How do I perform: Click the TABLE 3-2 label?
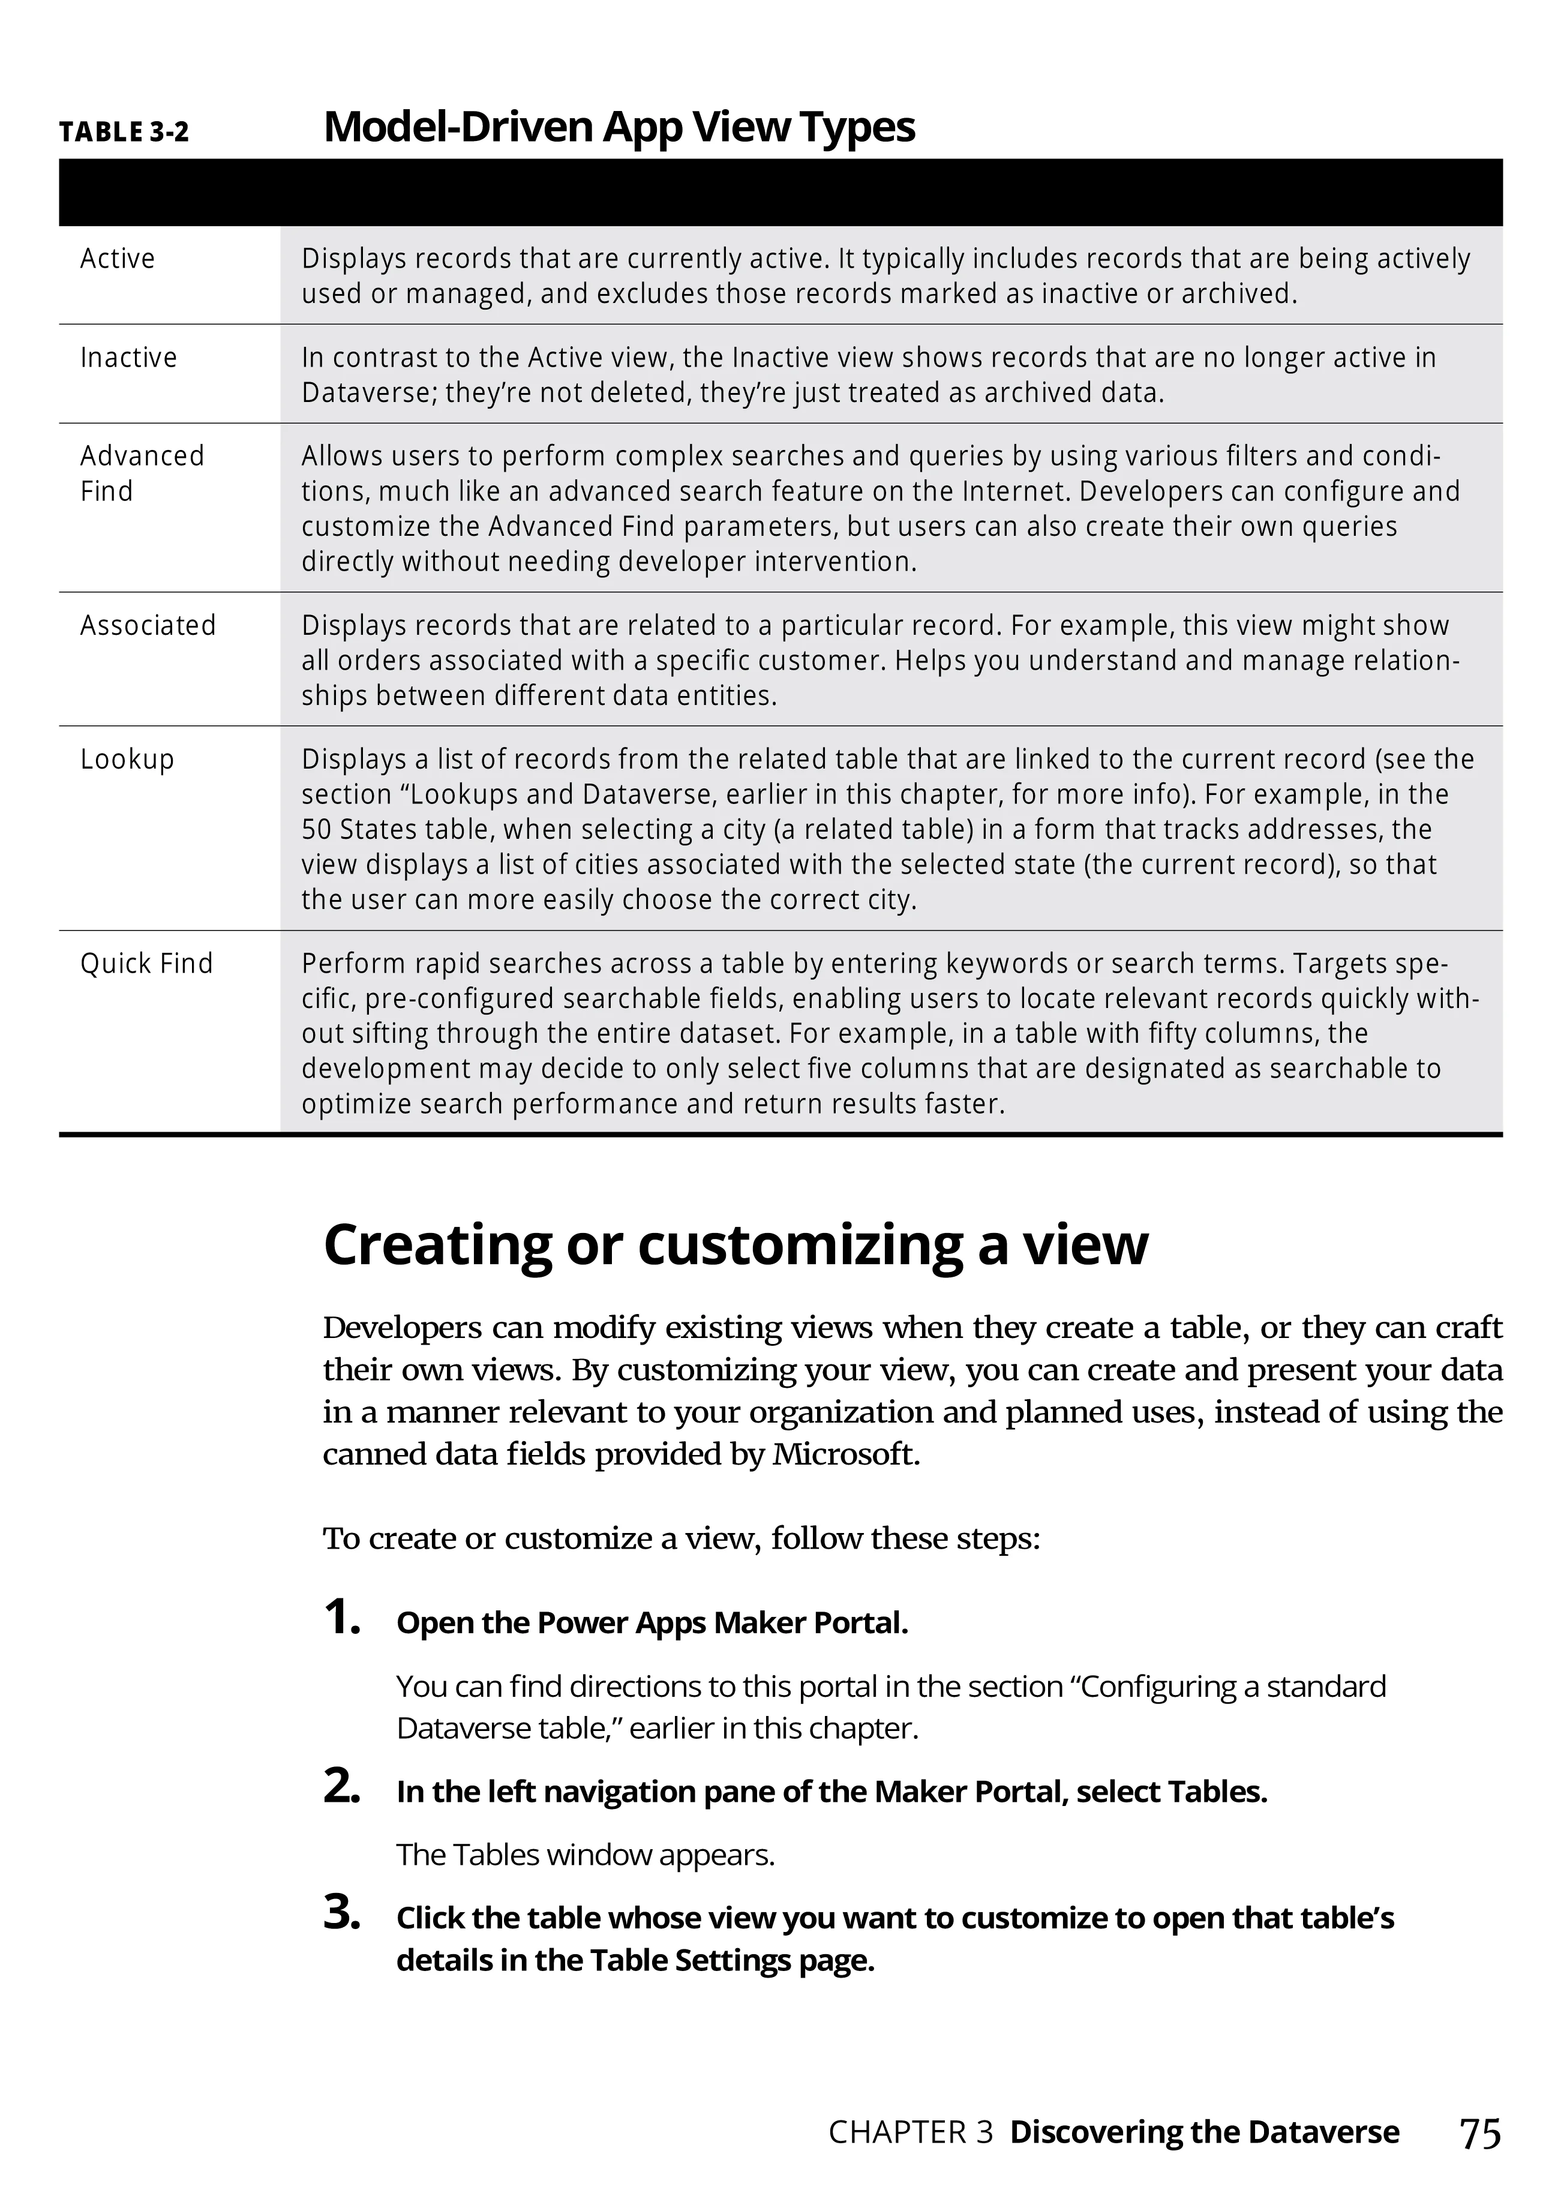tap(124, 132)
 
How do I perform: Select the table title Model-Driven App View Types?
tap(619, 127)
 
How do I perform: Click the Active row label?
tap(117, 259)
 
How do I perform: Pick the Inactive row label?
tap(128, 357)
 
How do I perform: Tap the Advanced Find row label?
tap(142, 473)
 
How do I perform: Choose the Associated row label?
tap(148, 625)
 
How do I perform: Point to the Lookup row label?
tap(127, 760)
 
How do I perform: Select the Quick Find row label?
tap(146, 964)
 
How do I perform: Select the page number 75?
tap(1479, 2134)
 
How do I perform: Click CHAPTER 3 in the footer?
tap(909, 2133)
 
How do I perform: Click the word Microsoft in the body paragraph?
tap(845, 1455)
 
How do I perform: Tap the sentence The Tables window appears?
tap(585, 1855)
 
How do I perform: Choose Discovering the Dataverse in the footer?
tap(1203, 2133)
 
